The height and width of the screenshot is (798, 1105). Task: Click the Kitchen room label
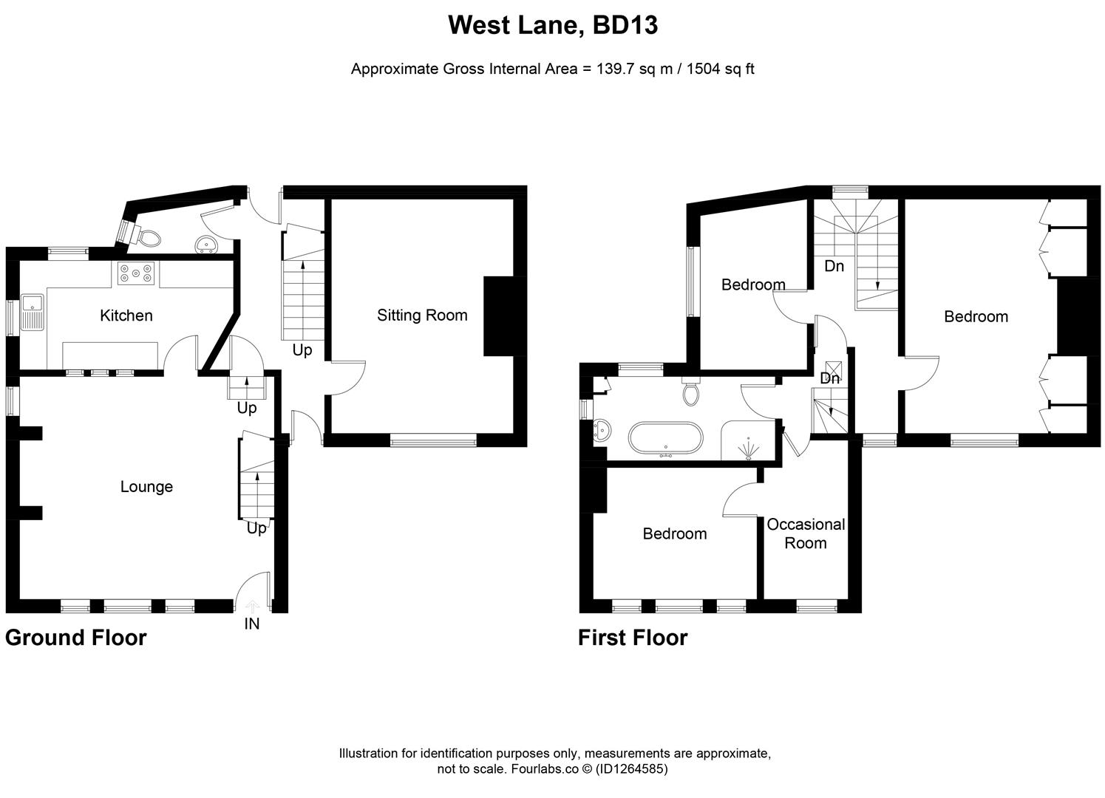[x=126, y=316]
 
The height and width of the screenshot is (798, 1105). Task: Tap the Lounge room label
[x=146, y=486]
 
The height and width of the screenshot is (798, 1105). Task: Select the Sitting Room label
[x=422, y=316]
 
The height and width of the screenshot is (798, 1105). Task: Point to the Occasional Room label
[x=805, y=533]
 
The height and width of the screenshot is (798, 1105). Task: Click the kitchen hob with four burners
[x=135, y=274]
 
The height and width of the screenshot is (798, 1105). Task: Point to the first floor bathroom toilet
[x=692, y=392]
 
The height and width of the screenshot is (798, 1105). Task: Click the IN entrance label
[x=252, y=624]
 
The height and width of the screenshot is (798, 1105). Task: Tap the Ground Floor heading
[x=76, y=638]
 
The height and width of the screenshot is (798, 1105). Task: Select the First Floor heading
[x=633, y=638]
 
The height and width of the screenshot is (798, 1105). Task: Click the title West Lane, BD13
[x=553, y=26]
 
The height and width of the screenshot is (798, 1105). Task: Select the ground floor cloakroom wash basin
[x=205, y=245]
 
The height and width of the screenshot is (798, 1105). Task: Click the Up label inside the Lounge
[x=256, y=528]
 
